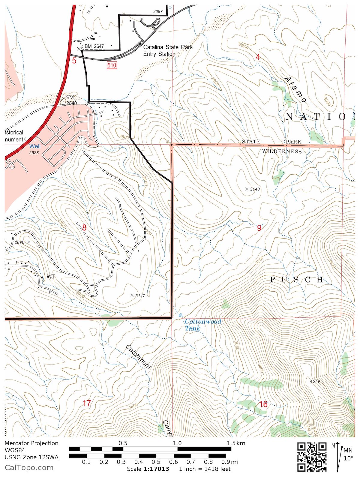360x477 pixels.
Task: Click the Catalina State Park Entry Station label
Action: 167,50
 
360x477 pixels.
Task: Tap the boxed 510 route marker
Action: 112,65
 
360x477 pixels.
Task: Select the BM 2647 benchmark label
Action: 94,46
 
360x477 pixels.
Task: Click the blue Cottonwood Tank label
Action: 202,325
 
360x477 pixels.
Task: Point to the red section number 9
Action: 259,228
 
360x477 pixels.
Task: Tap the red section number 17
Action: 87,403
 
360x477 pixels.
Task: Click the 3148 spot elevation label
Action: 255,189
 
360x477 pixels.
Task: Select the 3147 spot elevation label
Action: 140,295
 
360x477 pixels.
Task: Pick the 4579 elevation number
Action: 315,381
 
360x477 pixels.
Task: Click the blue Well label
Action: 35,146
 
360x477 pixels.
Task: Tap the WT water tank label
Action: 51,277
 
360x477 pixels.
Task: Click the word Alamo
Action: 295,90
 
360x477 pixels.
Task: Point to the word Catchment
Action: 138,357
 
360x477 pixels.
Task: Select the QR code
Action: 312,457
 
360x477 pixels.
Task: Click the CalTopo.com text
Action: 29,467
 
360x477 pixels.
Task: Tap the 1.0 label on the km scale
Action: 177,443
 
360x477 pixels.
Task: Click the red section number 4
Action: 258,57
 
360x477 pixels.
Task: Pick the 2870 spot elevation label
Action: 19,242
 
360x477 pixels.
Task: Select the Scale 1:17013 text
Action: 148,469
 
